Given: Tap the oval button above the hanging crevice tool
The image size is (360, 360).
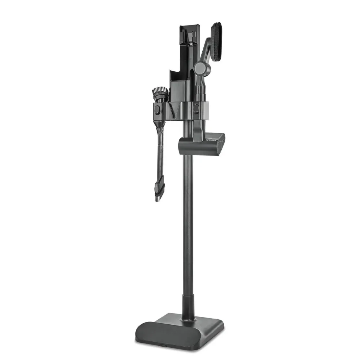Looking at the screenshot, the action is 157,109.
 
